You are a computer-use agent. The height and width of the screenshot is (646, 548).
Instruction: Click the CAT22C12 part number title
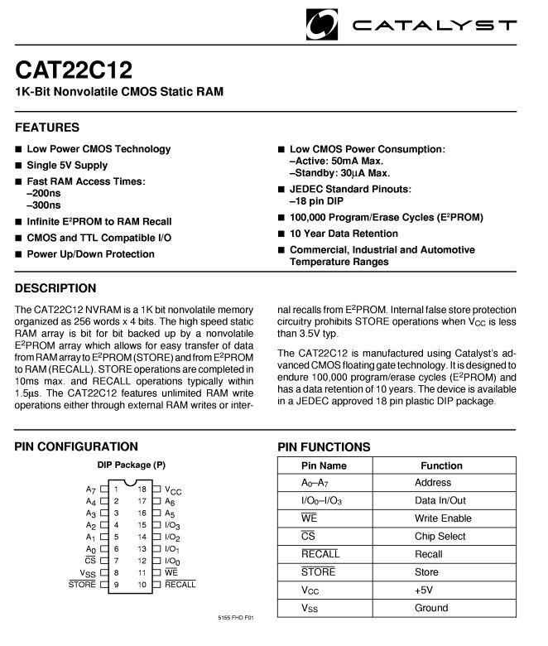point(74,70)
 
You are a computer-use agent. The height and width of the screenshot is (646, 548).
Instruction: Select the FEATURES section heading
point(47,128)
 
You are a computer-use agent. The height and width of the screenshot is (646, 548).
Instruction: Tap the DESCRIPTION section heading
point(55,288)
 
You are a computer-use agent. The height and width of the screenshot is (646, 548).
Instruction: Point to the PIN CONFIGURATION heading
point(76,446)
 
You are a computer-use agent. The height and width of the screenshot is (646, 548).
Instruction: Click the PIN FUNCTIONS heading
point(324,447)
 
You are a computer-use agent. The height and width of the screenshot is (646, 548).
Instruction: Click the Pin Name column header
point(324,465)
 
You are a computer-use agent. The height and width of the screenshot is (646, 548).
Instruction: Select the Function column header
point(441,465)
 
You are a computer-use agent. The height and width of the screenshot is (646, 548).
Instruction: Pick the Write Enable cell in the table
point(443,518)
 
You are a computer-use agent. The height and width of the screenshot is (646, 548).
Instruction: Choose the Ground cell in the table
point(431,608)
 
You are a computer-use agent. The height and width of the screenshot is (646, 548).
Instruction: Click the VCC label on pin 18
point(173,490)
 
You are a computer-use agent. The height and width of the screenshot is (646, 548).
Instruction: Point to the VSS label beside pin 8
point(88,573)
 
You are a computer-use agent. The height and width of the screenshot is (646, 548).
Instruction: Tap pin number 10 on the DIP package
point(142,584)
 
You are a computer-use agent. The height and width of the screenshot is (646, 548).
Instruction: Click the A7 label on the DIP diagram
point(91,490)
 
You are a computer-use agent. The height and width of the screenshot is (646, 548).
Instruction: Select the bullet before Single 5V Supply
point(18,166)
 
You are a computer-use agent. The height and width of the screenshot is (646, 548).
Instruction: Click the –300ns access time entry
point(44,205)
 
